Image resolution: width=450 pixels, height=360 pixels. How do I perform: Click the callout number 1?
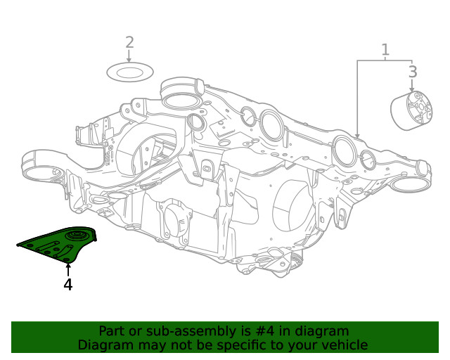385,49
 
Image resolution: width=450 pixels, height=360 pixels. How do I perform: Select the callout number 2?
129,42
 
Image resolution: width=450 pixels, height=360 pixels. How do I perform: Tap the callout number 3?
413,71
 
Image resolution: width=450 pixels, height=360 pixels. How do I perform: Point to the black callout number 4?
67,285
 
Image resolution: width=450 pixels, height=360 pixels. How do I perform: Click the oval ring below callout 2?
130,72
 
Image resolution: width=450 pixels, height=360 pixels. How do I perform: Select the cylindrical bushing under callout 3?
411,111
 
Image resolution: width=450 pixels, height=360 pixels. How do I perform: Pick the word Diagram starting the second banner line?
104,345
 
